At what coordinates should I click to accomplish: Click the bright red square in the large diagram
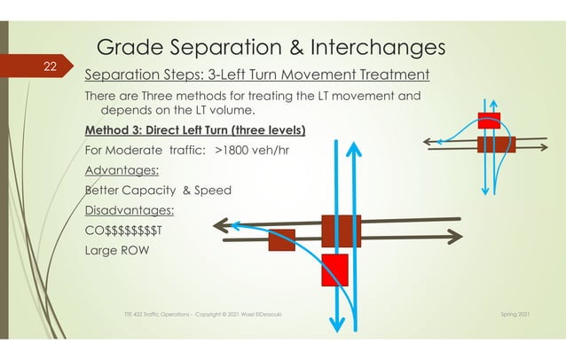tap(335, 270)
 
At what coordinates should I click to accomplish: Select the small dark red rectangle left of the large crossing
tap(281, 239)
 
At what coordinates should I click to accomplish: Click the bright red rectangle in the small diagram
tap(489, 120)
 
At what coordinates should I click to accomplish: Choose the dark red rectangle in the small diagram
tap(496, 144)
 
